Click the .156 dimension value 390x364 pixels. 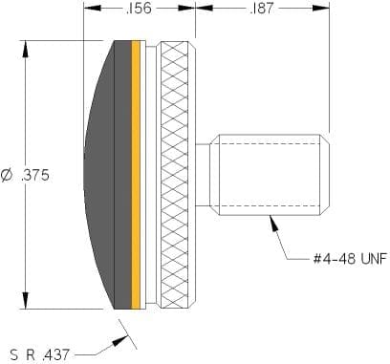click(x=139, y=8)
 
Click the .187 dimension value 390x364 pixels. click(x=262, y=8)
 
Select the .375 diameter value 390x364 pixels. click(x=35, y=175)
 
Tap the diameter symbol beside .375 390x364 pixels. click(x=8, y=176)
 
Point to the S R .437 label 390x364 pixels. click(x=39, y=354)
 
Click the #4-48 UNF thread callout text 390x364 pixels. click(x=350, y=259)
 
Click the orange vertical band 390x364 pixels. click(x=136, y=175)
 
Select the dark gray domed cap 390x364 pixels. click(x=108, y=175)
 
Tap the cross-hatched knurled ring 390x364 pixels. click(x=175, y=175)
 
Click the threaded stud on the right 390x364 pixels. click(x=270, y=175)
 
